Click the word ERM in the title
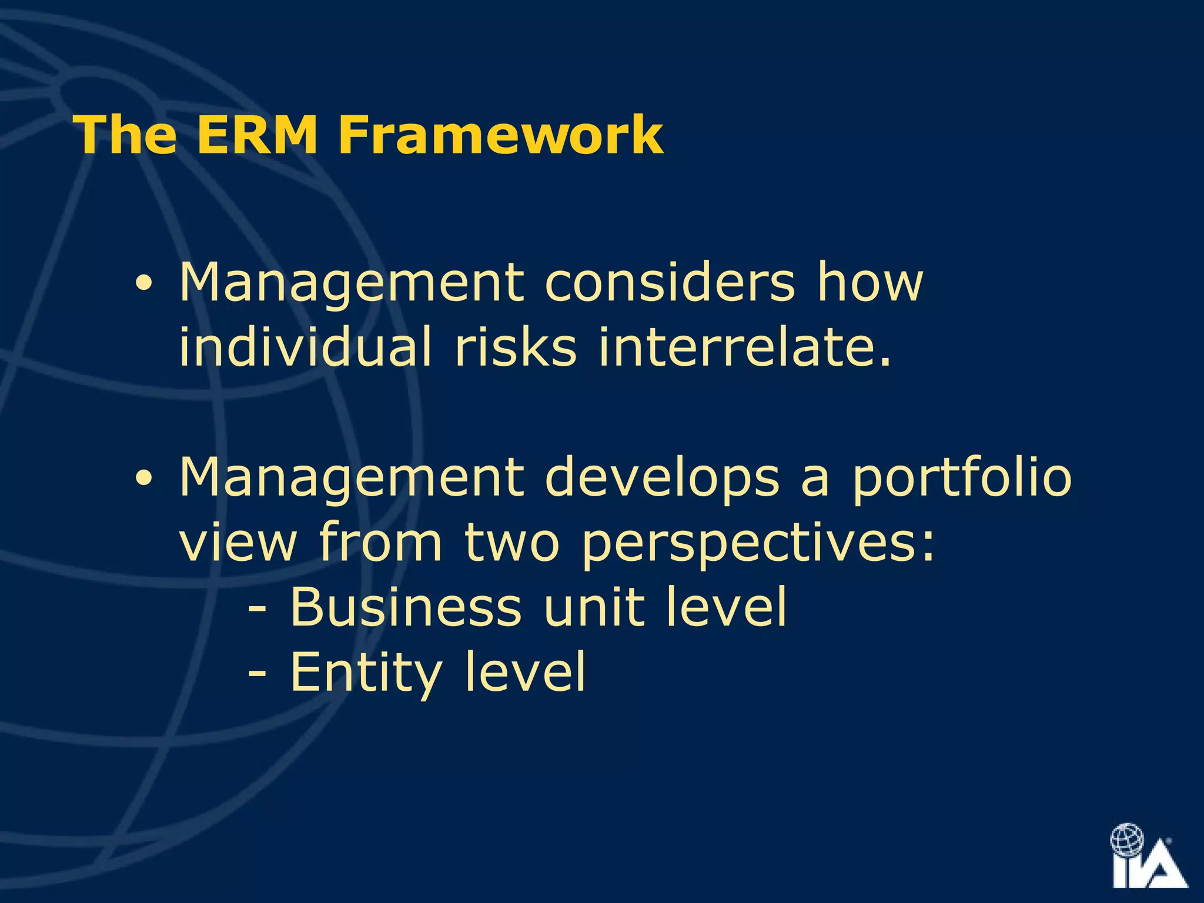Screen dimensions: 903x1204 tap(256, 135)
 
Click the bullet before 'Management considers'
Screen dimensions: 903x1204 tap(143, 285)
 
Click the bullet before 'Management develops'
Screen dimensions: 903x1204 tap(143, 479)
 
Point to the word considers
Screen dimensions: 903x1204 tap(670, 282)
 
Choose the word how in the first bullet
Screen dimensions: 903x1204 tap(870, 282)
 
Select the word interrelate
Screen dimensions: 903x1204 tap(744, 347)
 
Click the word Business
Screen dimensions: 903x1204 tap(406, 607)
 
